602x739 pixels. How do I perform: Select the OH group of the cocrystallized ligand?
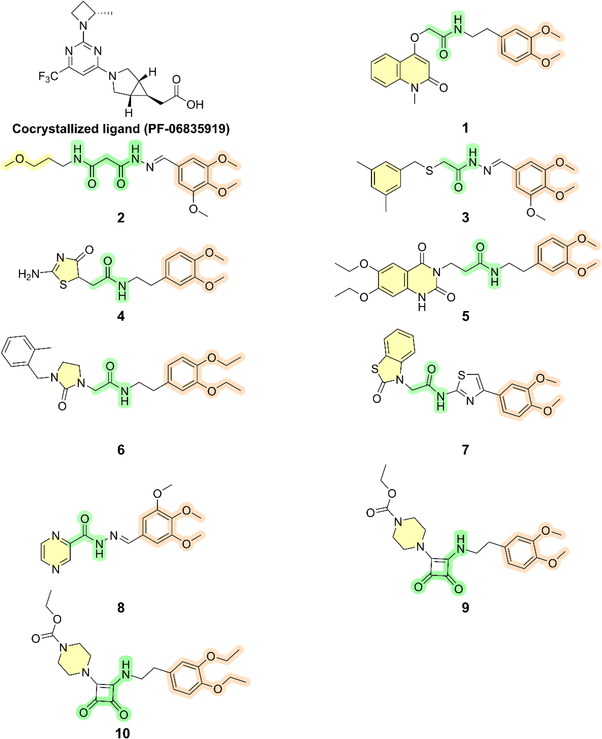195,104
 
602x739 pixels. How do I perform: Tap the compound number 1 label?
465,128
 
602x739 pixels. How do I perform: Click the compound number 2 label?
121,218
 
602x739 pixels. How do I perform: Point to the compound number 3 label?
465,218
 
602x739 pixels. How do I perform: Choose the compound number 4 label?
121,316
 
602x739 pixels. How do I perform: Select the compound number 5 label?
465,316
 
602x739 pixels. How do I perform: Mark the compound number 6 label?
121,450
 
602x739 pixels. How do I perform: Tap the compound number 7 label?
465,450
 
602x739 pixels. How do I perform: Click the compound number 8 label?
121,607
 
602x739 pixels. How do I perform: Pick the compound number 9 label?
465,607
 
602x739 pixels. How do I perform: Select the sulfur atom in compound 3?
429,170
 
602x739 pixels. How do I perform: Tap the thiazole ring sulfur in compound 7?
461,375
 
